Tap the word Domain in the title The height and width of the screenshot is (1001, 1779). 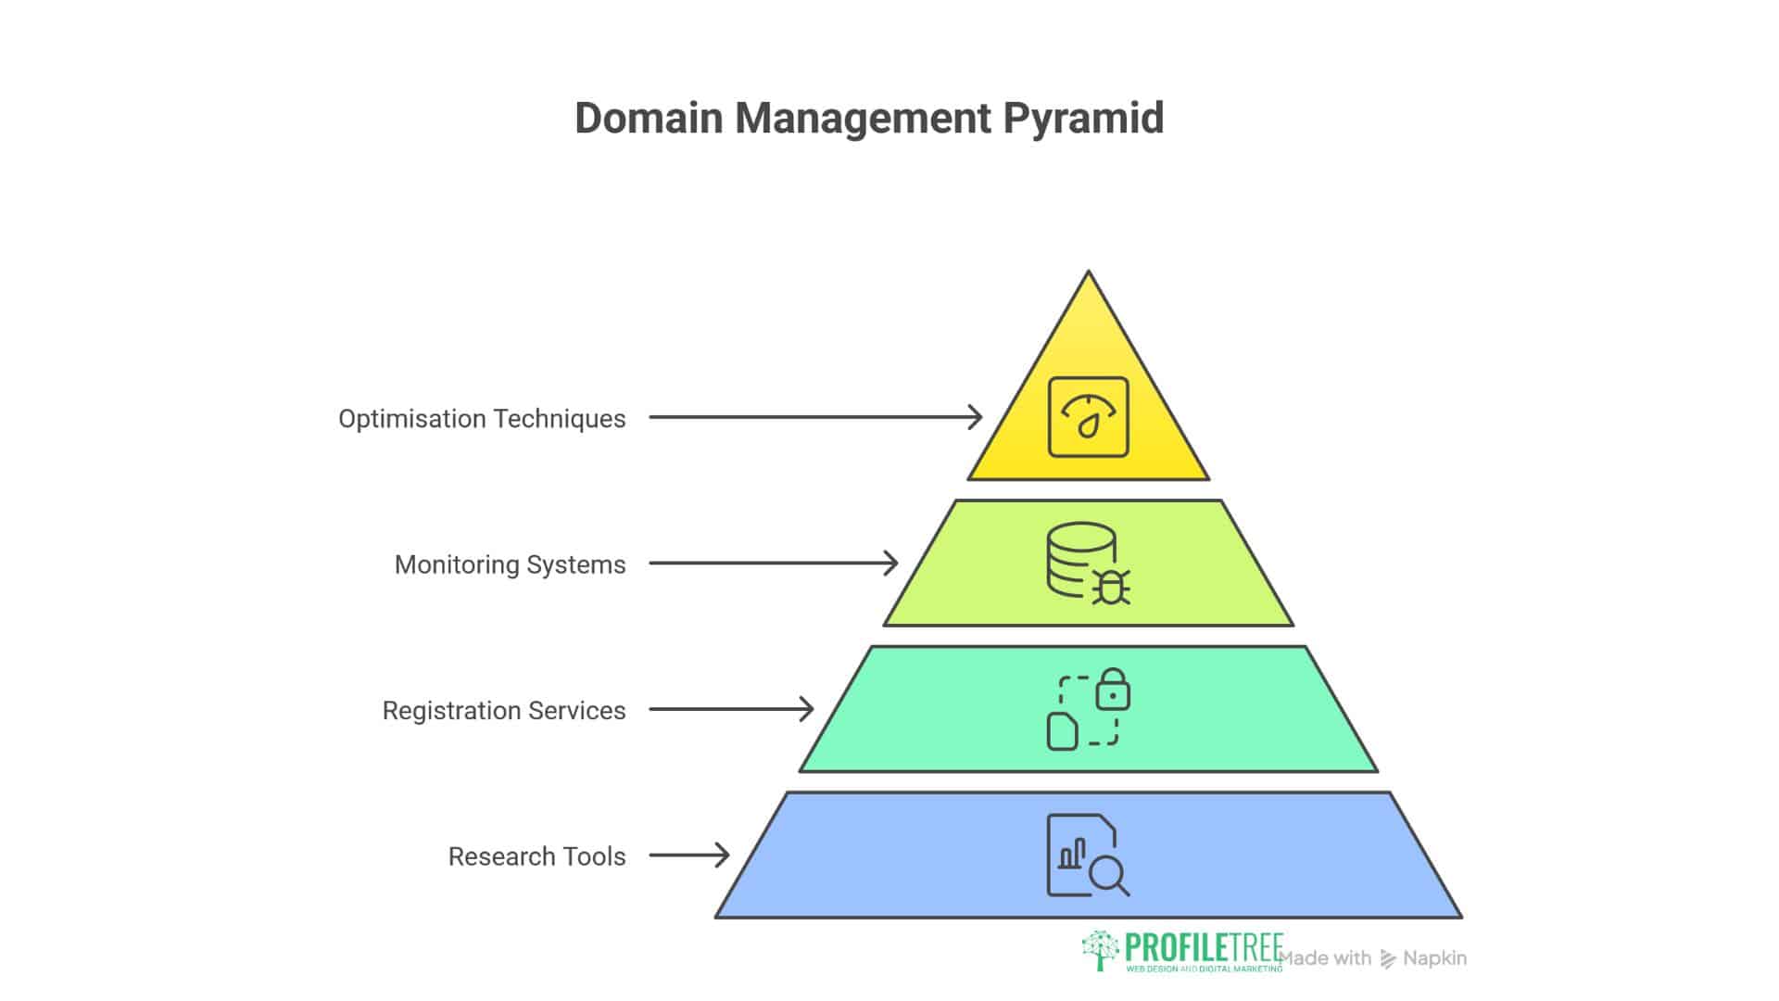pyautogui.click(x=648, y=119)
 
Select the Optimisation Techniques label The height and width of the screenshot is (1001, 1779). pyautogui.click(x=482, y=419)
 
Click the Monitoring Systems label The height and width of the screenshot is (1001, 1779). pyautogui.click(x=510, y=564)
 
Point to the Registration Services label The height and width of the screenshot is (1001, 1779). pyautogui.click(x=504, y=711)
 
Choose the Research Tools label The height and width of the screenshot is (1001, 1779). pyautogui.click(x=536, y=856)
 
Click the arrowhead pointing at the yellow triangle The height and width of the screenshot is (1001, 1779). pyautogui.click(x=975, y=417)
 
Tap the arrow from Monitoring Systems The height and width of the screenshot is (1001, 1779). pyautogui.click(x=773, y=563)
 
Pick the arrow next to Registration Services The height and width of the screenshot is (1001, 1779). pyautogui.click(x=731, y=709)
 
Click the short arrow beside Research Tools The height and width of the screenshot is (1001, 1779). pyautogui.click(x=689, y=855)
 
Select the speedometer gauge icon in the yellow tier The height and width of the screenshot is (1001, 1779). pyautogui.click(x=1088, y=417)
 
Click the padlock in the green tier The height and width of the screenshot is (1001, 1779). pyautogui.click(x=1112, y=691)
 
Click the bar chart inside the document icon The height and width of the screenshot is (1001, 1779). pyautogui.click(x=1072, y=854)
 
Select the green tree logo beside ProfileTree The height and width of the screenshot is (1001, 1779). pyautogui.click(x=1100, y=950)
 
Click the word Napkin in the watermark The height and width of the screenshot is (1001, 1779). pyautogui.click(x=1434, y=958)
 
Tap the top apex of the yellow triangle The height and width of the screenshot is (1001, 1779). pyautogui.click(x=1089, y=274)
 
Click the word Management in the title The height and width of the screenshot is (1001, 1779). pyautogui.click(x=863, y=119)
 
